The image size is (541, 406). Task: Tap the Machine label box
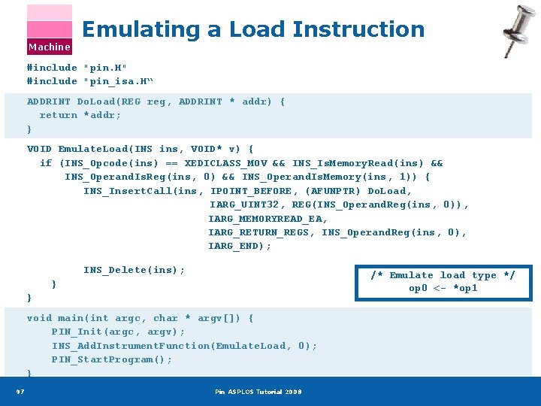(50, 47)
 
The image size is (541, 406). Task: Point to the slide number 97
(20, 391)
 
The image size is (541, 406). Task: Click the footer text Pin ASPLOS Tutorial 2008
(258, 392)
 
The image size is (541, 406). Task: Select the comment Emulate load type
(443, 275)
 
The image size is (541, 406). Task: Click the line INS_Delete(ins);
(134, 270)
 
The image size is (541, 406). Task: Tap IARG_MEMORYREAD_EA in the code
(267, 219)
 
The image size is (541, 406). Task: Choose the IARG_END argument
(240, 246)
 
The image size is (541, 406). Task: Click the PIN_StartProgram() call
(112, 359)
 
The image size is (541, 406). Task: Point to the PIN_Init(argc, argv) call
(118, 332)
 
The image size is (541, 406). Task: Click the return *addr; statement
(80, 115)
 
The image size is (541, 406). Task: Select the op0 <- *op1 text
(443, 288)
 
